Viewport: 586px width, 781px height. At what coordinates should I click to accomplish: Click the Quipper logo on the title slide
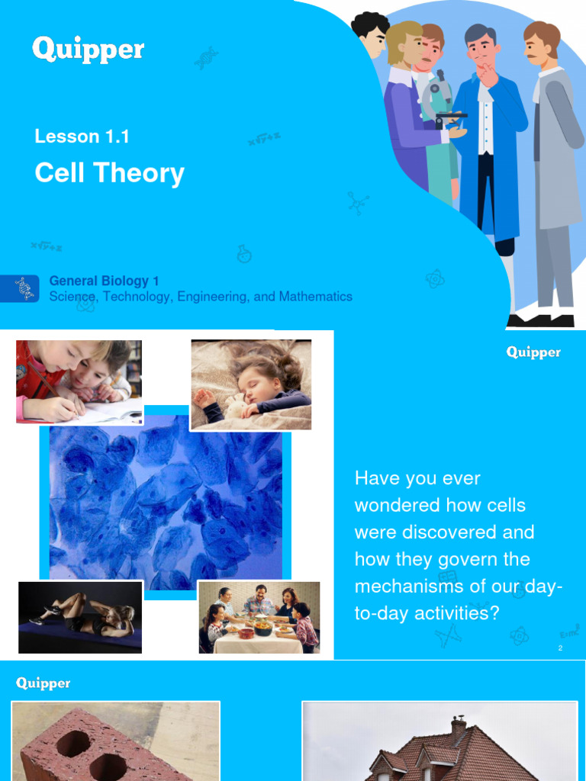point(88,50)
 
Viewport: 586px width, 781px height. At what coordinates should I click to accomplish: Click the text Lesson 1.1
point(82,137)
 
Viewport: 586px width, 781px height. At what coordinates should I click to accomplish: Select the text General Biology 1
point(104,281)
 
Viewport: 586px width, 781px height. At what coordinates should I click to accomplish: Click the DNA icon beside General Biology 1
point(24,288)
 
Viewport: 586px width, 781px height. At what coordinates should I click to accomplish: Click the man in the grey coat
point(554,175)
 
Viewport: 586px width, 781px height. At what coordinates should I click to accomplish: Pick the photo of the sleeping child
point(251,384)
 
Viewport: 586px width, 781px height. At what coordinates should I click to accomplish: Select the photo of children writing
point(79,381)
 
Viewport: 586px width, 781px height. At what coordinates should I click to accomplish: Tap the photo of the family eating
point(259,618)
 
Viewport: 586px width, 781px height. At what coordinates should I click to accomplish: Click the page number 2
point(560,648)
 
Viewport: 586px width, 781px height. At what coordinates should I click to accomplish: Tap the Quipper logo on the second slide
point(533,352)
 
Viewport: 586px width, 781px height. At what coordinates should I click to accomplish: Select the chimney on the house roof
point(458,728)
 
